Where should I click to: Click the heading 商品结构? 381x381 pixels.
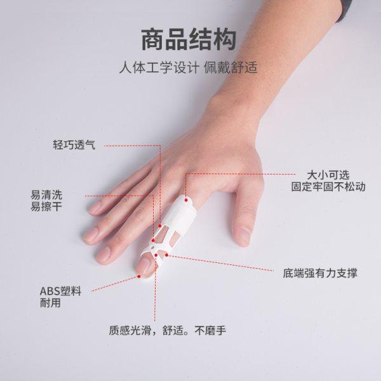pos(190,39)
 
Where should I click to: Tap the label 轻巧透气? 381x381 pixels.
pos(74,145)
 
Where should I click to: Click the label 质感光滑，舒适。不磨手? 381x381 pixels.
pos(168,330)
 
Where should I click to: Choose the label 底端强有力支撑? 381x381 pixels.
pos(320,274)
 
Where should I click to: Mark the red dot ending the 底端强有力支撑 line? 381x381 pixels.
pos(167,257)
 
